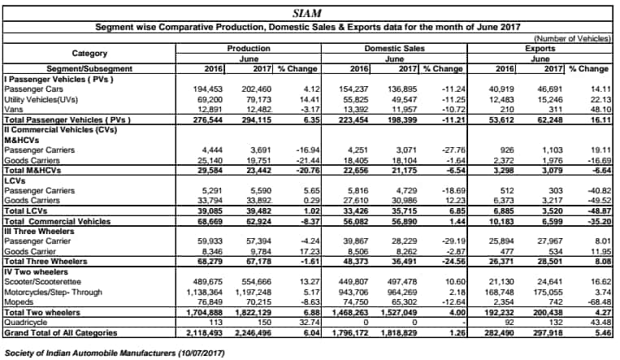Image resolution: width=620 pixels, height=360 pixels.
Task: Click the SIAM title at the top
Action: click(307, 14)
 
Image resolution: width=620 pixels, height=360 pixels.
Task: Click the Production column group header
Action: click(249, 49)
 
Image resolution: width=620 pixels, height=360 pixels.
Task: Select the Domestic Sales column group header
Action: click(394, 49)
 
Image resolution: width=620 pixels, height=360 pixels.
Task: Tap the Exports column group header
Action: click(540, 49)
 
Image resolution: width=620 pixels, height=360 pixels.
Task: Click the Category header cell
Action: click(89, 54)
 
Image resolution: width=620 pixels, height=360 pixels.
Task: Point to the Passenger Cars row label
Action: click(33, 89)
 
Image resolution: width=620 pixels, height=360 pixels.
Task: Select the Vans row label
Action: click(14, 110)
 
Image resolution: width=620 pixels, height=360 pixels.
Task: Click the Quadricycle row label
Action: click(26, 323)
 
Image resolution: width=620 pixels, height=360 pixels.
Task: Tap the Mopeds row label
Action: click(19, 302)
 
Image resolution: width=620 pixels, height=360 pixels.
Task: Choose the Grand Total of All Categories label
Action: click(61, 332)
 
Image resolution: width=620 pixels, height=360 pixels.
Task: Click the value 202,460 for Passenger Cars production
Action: click(256, 89)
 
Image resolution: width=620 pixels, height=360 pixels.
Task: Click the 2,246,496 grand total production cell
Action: click(253, 332)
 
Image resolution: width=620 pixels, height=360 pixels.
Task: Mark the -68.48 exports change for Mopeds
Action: click(600, 302)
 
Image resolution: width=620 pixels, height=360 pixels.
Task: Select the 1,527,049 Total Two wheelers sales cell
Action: click(398, 313)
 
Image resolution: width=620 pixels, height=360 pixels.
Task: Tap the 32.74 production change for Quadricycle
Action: click(310, 323)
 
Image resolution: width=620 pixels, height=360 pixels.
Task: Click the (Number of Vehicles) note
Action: click(573, 38)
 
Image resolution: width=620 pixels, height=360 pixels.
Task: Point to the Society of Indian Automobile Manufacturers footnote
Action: click(115, 353)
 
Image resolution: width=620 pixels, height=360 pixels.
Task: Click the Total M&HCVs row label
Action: click(33, 171)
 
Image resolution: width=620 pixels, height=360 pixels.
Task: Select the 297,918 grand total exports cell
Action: click(547, 332)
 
